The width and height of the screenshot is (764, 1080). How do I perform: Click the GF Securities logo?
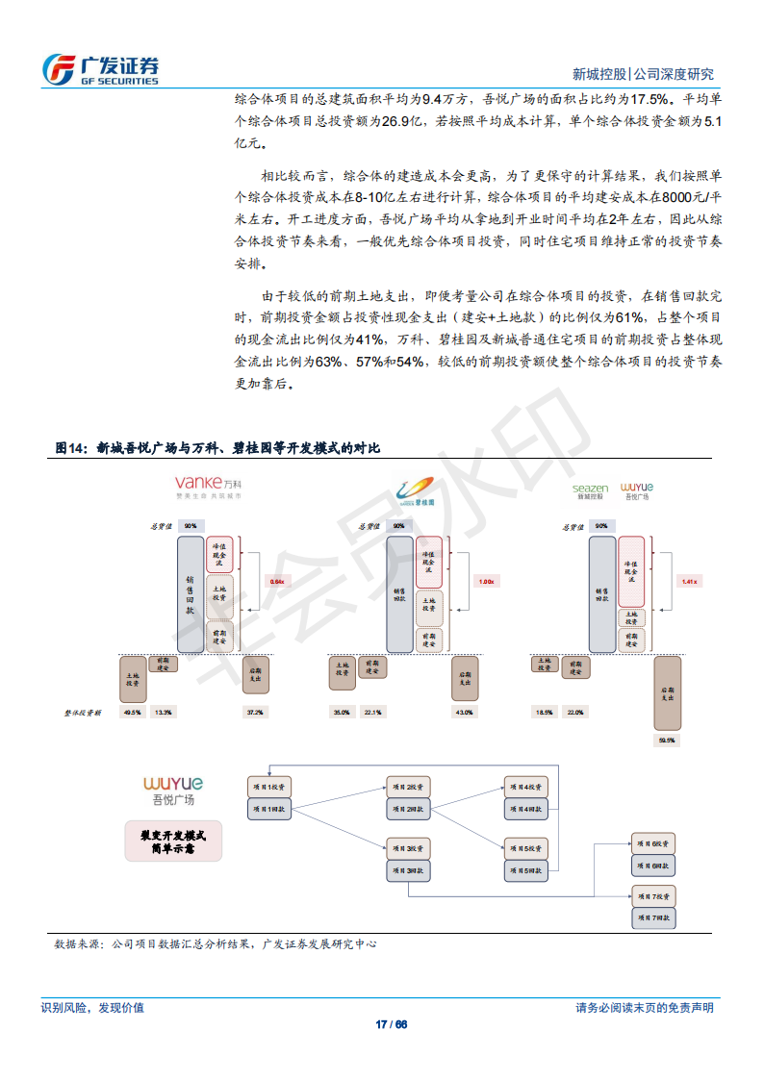(100, 68)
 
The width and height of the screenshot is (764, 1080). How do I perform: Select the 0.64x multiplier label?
(277, 581)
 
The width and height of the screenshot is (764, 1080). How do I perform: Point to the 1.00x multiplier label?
(486, 581)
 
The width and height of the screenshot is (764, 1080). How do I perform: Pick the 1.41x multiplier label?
(688, 581)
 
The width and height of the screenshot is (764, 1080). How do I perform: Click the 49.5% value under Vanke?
(133, 712)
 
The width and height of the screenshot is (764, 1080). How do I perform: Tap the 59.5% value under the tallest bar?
(666, 740)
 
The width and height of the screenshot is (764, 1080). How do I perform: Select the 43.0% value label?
(464, 712)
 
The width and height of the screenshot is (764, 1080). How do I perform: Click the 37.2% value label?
(255, 712)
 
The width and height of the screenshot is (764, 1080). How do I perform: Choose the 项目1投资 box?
(270, 787)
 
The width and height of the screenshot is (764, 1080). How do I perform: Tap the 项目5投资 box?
(525, 847)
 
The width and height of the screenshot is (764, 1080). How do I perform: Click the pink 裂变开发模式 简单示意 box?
(172, 841)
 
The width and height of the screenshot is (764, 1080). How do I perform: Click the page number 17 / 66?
(391, 1023)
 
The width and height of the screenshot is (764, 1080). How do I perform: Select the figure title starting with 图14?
(217, 448)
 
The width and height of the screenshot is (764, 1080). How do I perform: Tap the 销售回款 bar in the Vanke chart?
(191, 595)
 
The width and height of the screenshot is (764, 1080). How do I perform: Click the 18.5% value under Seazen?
(544, 712)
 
